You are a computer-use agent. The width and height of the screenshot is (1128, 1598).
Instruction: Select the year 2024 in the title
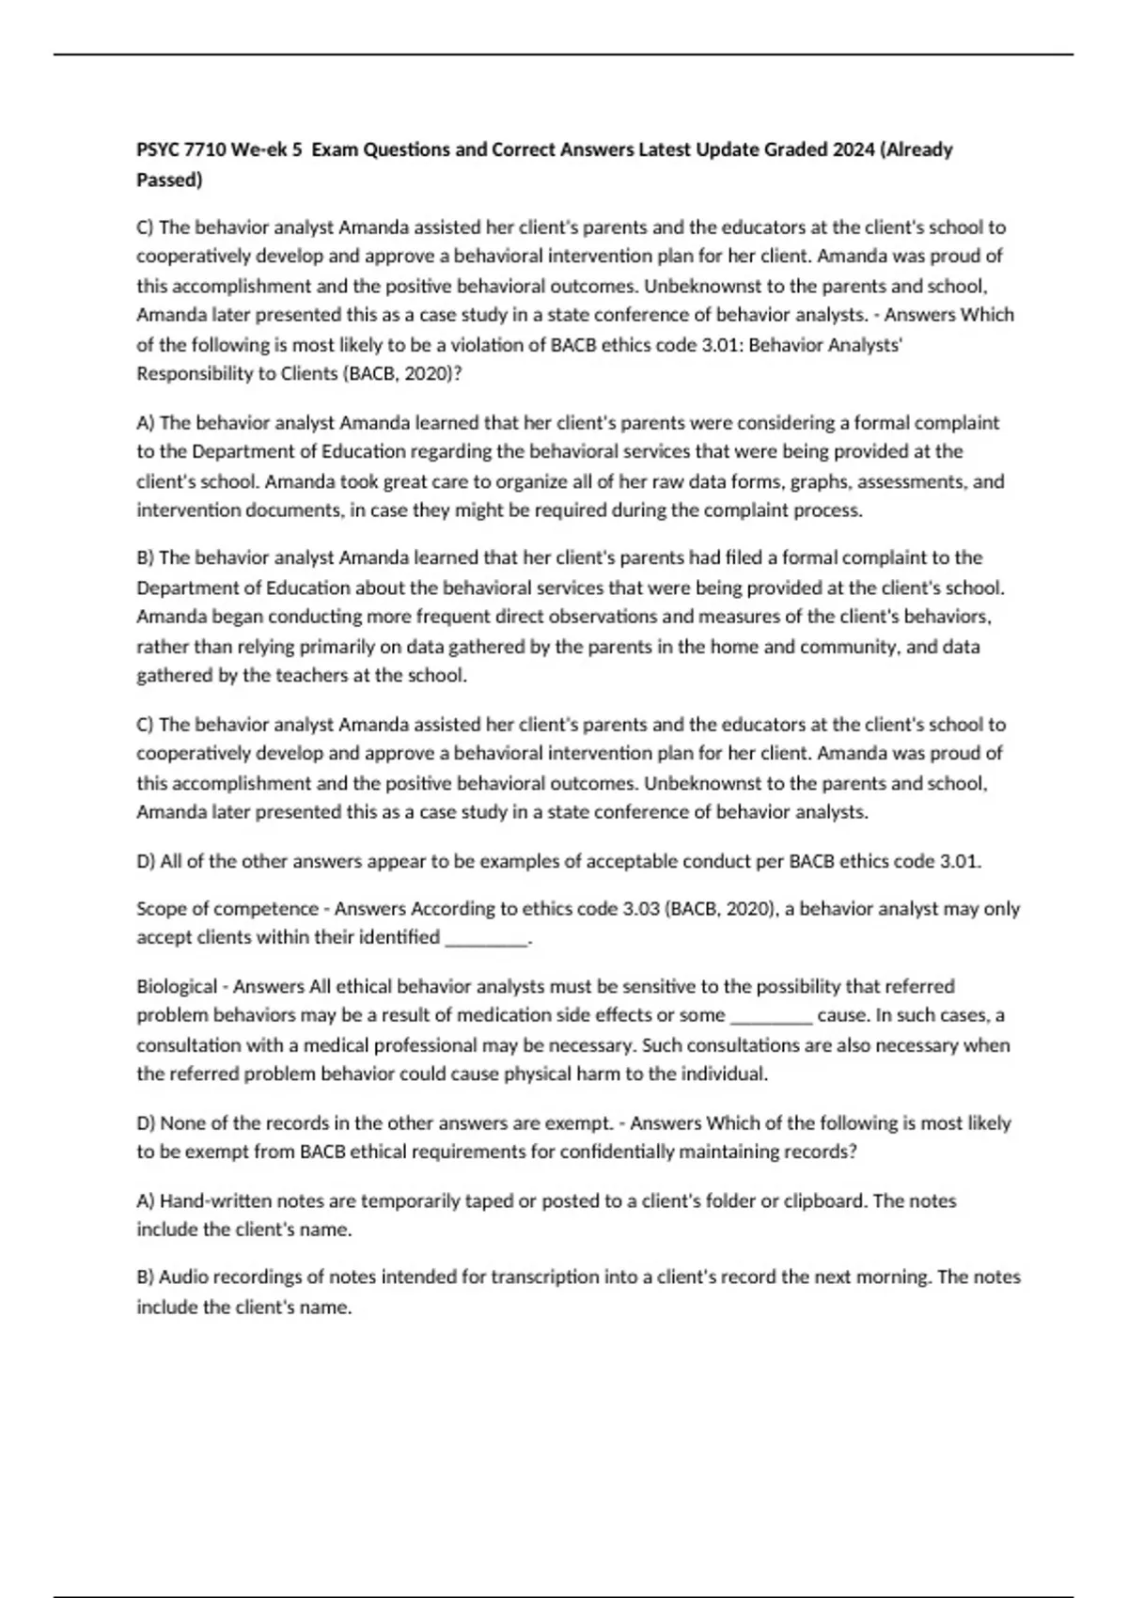click(x=853, y=149)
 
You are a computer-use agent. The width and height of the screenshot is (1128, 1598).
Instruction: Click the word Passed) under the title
click(x=169, y=180)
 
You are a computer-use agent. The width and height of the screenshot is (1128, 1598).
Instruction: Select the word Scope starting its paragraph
click(x=163, y=909)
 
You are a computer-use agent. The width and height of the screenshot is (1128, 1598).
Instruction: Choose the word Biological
click(x=177, y=987)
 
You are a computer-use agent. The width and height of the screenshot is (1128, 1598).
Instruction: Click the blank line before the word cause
click(x=771, y=1016)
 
